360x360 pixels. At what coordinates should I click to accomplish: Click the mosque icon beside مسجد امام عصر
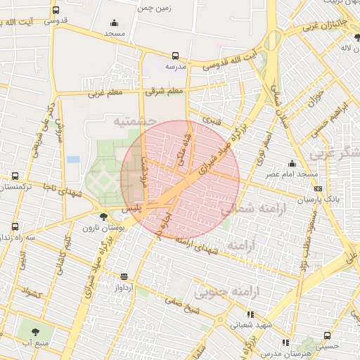click(292, 163)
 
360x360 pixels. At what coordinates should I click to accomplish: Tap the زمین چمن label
click(155, 8)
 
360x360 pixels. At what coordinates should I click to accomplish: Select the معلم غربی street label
click(103, 92)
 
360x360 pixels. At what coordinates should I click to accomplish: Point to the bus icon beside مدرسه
click(175, 56)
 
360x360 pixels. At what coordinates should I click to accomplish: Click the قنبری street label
click(211, 120)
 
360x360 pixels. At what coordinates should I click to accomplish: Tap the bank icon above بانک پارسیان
click(319, 189)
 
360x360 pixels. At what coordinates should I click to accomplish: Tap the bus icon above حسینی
click(326, 335)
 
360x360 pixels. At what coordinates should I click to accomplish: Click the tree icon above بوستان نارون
click(104, 217)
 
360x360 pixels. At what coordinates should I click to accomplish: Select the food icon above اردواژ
click(124, 276)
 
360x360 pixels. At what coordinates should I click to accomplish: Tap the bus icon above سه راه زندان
click(15, 226)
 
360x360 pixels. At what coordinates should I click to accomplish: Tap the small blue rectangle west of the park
click(73, 159)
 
